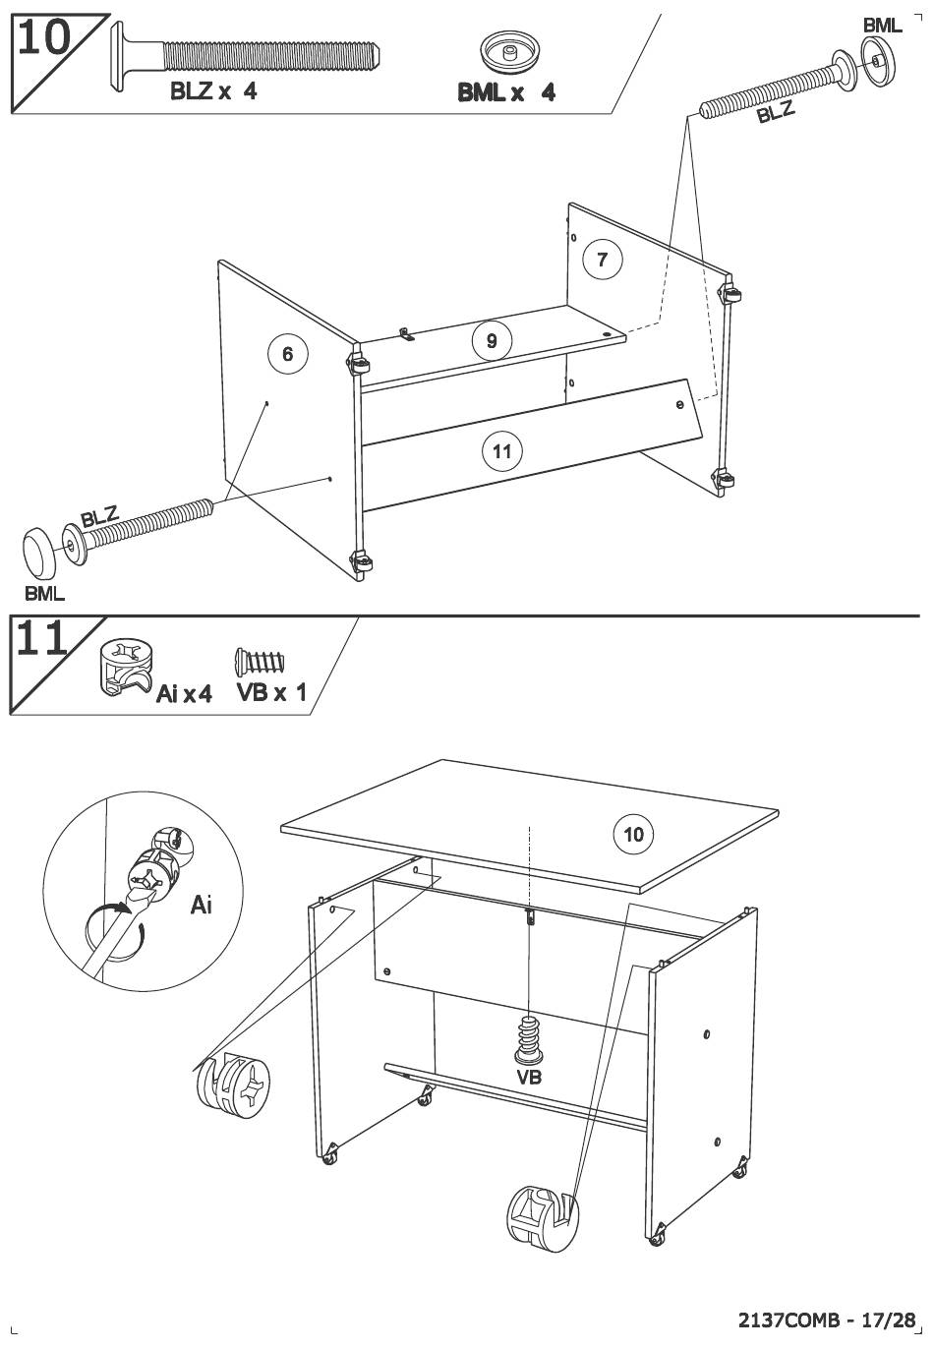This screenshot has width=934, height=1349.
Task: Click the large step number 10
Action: [x=44, y=38]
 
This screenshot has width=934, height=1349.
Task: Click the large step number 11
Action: [x=41, y=638]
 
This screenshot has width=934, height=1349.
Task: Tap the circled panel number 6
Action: [x=287, y=354]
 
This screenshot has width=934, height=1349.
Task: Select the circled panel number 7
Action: [x=602, y=259]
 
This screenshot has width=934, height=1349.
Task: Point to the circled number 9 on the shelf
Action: [x=492, y=341]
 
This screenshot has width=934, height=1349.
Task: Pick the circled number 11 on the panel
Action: [x=501, y=451]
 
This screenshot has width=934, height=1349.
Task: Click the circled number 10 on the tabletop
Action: [x=633, y=835]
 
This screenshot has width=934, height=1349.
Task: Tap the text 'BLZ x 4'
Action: [x=213, y=91]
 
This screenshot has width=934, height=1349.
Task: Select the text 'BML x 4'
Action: [x=506, y=92]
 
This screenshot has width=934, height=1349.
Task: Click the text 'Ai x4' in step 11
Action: [x=184, y=694]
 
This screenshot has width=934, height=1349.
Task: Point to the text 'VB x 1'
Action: [x=271, y=692]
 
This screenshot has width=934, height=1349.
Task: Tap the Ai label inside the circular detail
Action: [x=202, y=905]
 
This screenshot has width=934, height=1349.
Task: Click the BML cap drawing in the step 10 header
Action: [x=509, y=52]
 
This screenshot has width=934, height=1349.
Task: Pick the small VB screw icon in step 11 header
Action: [x=259, y=661]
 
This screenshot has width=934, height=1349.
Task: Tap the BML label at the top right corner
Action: [x=882, y=26]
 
